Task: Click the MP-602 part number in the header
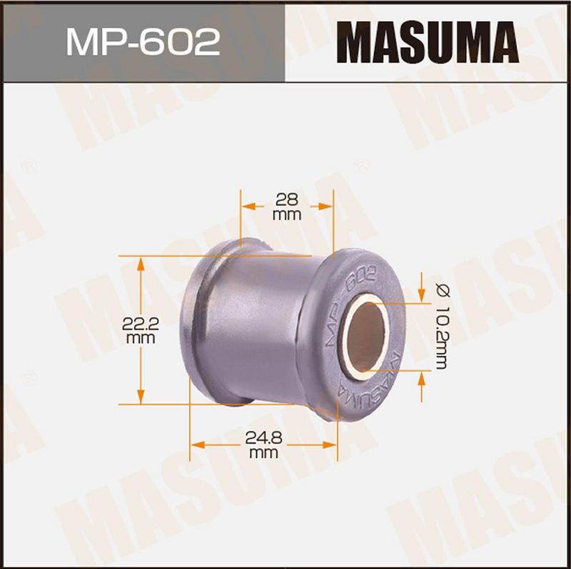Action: (x=143, y=42)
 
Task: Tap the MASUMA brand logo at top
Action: (x=427, y=42)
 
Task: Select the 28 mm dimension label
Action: (x=287, y=207)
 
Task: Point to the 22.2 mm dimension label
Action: (x=140, y=331)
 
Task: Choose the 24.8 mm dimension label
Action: (x=263, y=446)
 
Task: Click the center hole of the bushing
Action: (x=367, y=337)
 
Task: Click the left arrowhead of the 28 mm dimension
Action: (x=248, y=207)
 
